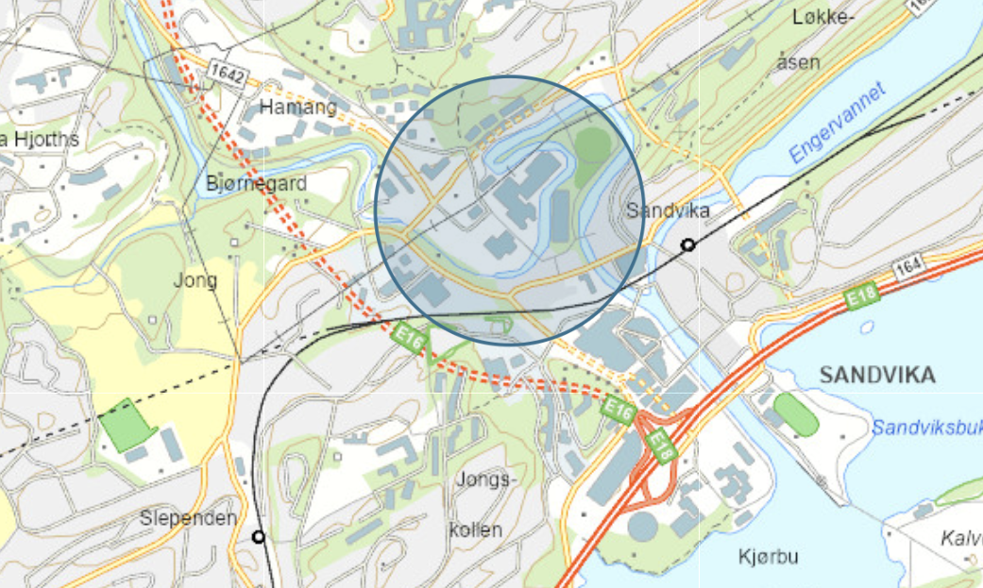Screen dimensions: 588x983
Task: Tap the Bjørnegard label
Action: coord(256,183)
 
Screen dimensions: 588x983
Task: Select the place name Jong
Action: coord(195,279)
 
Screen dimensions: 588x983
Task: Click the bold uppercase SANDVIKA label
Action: coord(877,375)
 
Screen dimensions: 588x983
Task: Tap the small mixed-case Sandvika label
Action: coord(668,210)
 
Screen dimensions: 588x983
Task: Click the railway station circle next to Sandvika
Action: coord(688,245)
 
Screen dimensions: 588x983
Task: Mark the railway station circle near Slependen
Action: coord(258,537)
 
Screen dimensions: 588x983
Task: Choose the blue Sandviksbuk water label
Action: coord(925,428)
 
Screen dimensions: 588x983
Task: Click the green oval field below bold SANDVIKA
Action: coord(795,414)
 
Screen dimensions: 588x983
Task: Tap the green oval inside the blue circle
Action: coord(593,147)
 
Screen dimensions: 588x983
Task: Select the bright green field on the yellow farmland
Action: coord(127,425)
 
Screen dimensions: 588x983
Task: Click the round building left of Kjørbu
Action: coord(642,526)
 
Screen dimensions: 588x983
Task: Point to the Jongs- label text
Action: coord(487,479)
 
